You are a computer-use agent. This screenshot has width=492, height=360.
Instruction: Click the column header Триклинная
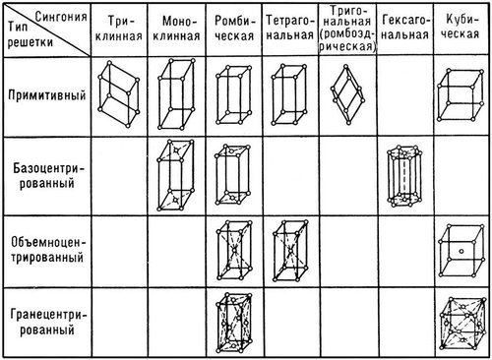click(122, 27)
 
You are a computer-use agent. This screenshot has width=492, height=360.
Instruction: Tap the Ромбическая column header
click(236, 27)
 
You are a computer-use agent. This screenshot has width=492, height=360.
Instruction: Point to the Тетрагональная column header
click(292, 27)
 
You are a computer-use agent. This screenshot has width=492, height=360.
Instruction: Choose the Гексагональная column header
click(404, 27)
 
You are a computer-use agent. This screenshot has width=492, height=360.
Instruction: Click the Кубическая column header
click(462, 27)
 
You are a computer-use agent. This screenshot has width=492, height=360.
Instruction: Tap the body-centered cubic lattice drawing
click(461, 250)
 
